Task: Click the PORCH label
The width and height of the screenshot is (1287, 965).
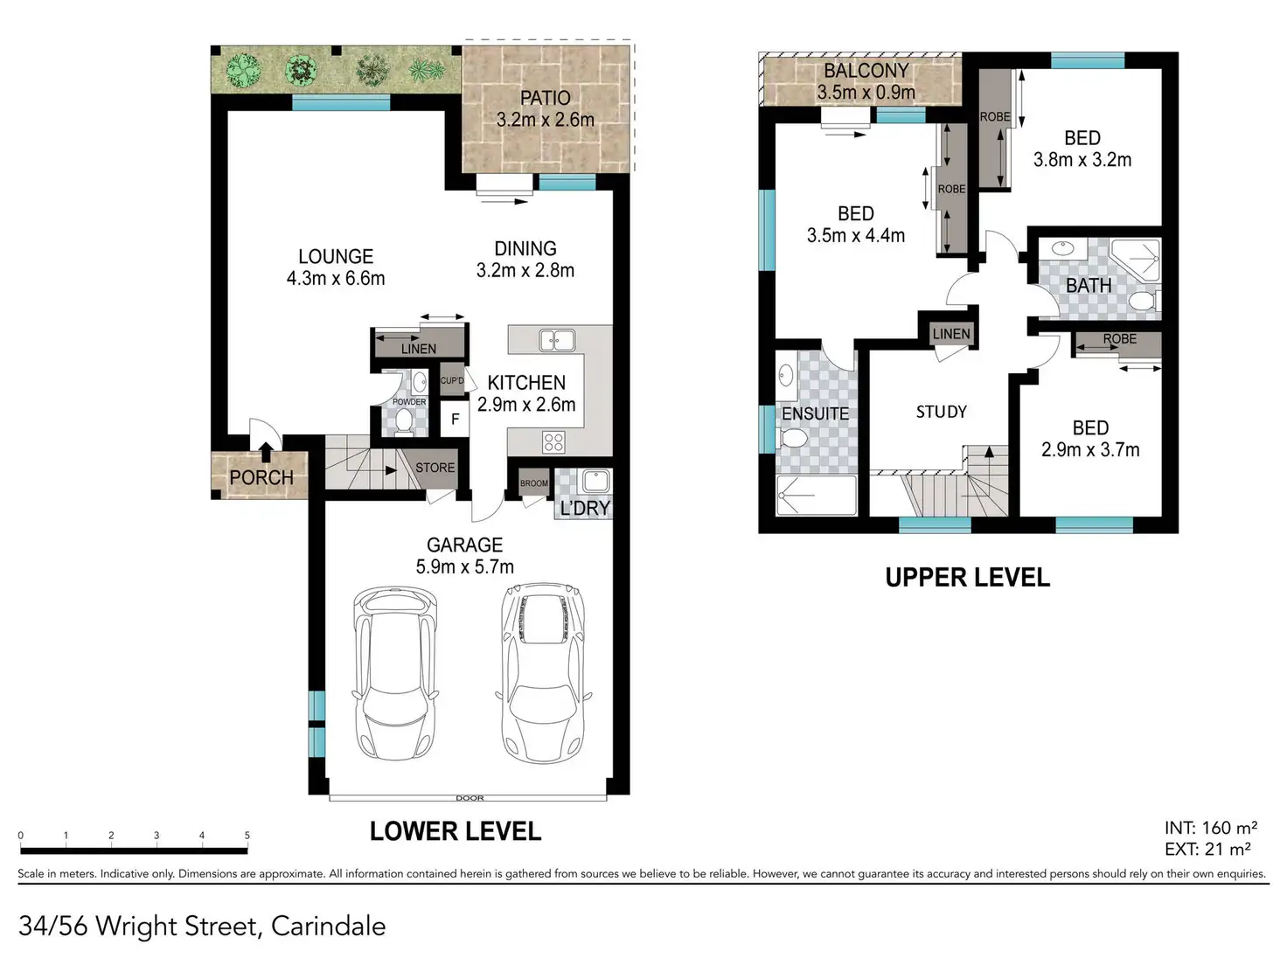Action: [x=261, y=477]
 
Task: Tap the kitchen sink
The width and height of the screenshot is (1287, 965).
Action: [x=556, y=340]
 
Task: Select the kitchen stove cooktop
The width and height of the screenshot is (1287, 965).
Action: [x=553, y=442]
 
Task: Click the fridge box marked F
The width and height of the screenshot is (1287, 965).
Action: [x=455, y=419]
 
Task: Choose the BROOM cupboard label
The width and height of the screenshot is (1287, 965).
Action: [x=534, y=483]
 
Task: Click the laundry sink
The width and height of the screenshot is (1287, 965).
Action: [x=595, y=481]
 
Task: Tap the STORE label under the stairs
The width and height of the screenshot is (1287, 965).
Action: [x=435, y=468]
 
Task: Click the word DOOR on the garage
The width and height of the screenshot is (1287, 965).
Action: [x=470, y=797]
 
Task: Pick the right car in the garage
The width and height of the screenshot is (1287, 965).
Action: [x=544, y=672]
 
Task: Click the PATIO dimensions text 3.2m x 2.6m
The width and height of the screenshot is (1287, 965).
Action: [x=546, y=120]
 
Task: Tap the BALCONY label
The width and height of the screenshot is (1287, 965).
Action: [x=866, y=71]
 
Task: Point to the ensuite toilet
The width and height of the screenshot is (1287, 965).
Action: [x=791, y=437]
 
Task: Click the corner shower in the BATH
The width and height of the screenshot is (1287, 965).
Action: [x=1135, y=260]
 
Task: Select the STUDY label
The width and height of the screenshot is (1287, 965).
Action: [x=941, y=412]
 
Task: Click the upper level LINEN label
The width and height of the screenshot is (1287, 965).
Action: [x=951, y=334]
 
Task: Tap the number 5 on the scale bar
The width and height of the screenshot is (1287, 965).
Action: [x=247, y=836]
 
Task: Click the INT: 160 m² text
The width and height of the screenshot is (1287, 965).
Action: [x=1211, y=827]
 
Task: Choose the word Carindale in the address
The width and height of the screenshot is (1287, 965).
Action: [x=329, y=927]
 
